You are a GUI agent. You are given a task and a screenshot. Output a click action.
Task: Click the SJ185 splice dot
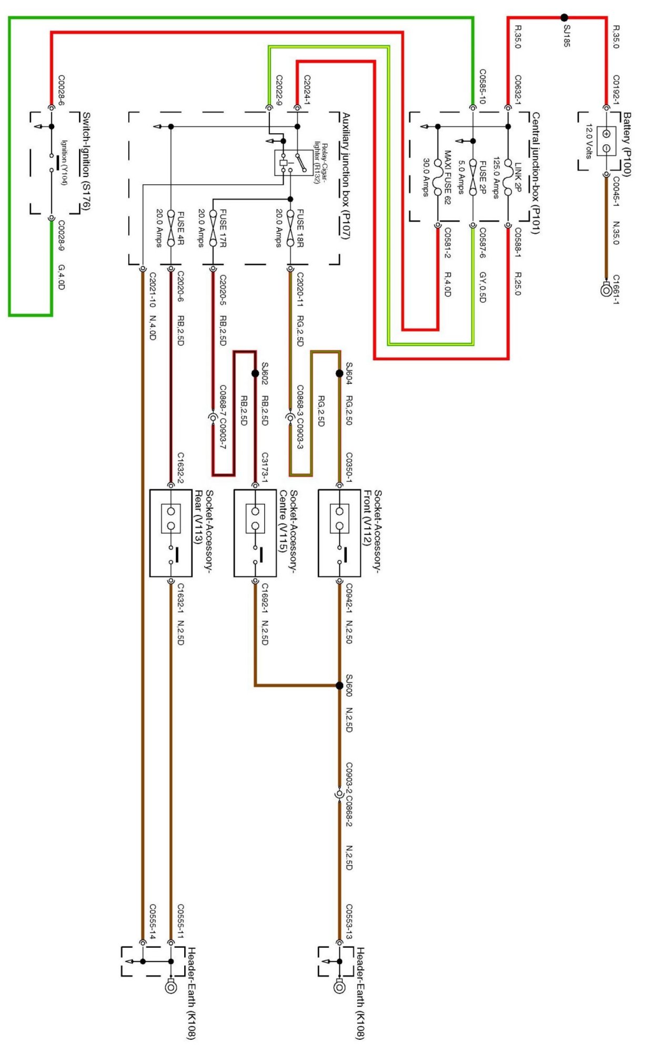click(564, 17)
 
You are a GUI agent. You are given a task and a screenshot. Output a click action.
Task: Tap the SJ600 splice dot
click(339, 685)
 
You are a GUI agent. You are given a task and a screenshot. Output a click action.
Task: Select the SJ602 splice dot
click(255, 373)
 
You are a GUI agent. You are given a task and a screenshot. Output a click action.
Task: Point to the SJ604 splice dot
click(339, 373)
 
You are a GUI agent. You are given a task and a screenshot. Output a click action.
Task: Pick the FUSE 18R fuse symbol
click(290, 229)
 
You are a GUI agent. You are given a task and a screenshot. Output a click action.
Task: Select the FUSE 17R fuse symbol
click(213, 229)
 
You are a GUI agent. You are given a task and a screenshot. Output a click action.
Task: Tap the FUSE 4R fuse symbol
click(170, 229)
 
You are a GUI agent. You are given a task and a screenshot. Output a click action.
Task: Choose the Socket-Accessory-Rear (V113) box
click(170, 533)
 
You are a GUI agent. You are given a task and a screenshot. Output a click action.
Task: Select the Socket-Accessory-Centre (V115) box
click(255, 533)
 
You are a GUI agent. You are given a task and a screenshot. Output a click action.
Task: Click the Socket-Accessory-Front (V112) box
click(339, 533)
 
